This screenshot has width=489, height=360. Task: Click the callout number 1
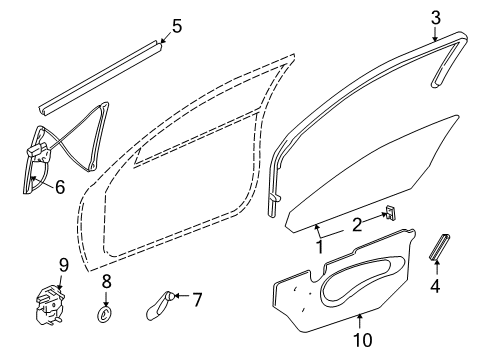[x=319, y=244]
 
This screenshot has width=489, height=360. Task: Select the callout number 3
[x=435, y=17]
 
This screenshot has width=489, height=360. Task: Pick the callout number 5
[x=177, y=26]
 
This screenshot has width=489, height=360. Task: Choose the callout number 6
[x=59, y=185]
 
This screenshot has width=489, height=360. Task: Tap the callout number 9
[x=62, y=266]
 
